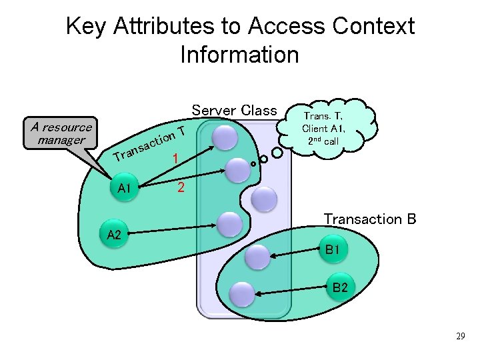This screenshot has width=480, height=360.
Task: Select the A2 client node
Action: coord(114,234)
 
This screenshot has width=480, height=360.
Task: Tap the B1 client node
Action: coord(333,250)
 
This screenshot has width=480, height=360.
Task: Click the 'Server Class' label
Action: coord(234,110)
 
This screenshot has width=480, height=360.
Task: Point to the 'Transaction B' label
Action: coord(370,219)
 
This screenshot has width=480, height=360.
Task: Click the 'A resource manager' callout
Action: coord(57,133)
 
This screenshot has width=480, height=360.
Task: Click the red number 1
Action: coord(175,159)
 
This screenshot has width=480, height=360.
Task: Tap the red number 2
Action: coord(180,188)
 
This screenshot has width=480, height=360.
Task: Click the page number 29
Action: coord(460,337)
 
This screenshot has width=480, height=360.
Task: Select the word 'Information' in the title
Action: coord(239,54)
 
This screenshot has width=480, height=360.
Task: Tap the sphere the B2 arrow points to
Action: coord(241,293)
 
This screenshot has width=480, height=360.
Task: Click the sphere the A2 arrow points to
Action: coord(230,225)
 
